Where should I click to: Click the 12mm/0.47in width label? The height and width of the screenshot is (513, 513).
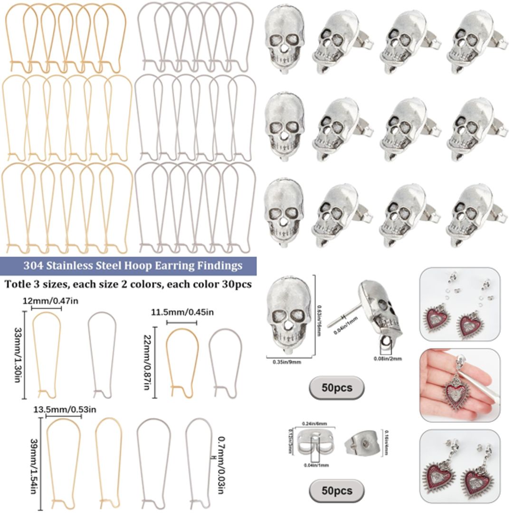click(x=47, y=301)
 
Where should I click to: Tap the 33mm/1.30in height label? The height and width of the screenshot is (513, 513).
click(x=18, y=352)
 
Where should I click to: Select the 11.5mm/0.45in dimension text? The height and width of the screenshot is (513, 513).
click(x=182, y=312)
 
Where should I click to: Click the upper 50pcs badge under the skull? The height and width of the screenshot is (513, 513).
click(x=337, y=388)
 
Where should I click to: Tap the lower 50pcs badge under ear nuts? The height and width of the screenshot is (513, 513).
click(x=337, y=490)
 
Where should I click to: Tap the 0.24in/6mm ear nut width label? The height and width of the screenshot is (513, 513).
click(x=315, y=423)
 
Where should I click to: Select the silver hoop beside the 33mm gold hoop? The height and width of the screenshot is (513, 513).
click(x=102, y=354)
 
